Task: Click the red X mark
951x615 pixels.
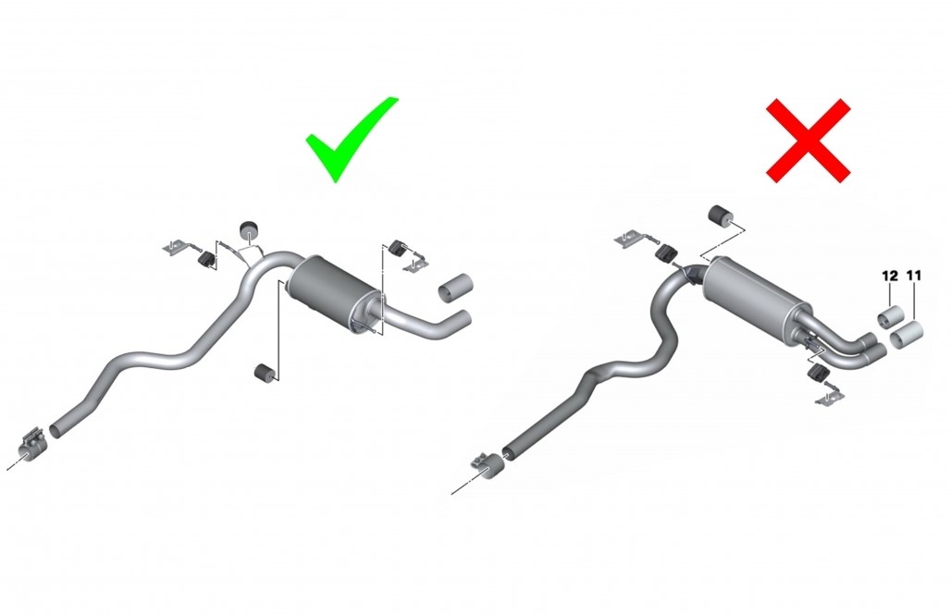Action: (809, 141)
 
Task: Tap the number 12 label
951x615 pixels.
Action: (890, 276)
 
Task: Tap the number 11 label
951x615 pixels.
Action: (914, 276)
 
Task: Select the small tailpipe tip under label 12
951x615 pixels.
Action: (890, 318)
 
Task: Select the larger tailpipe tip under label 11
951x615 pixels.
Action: (907, 335)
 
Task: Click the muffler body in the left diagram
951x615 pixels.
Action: (334, 292)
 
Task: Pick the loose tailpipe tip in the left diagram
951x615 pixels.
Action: (455, 288)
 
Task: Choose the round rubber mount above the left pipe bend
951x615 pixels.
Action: (249, 230)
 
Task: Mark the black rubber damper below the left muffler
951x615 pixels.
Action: (264, 374)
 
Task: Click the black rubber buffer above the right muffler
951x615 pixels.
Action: (720, 215)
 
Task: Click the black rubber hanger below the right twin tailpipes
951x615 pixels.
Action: (818, 374)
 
